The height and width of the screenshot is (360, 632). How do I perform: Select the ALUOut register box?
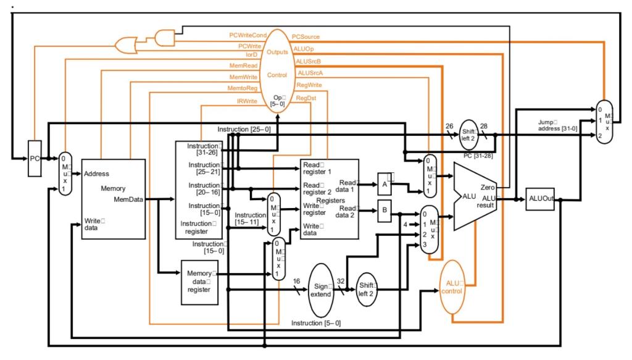coord(539,199)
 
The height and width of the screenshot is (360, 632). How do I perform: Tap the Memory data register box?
coord(199,282)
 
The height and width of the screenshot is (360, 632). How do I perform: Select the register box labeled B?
coord(384,211)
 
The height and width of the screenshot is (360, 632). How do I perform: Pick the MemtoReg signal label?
coord(243,88)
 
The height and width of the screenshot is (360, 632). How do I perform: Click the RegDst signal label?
coord(306,98)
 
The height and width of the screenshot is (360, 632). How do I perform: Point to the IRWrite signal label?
coord(247,100)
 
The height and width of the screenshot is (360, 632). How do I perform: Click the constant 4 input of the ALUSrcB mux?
coord(405,224)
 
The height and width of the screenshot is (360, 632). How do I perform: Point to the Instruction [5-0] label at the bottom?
coord(316,323)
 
